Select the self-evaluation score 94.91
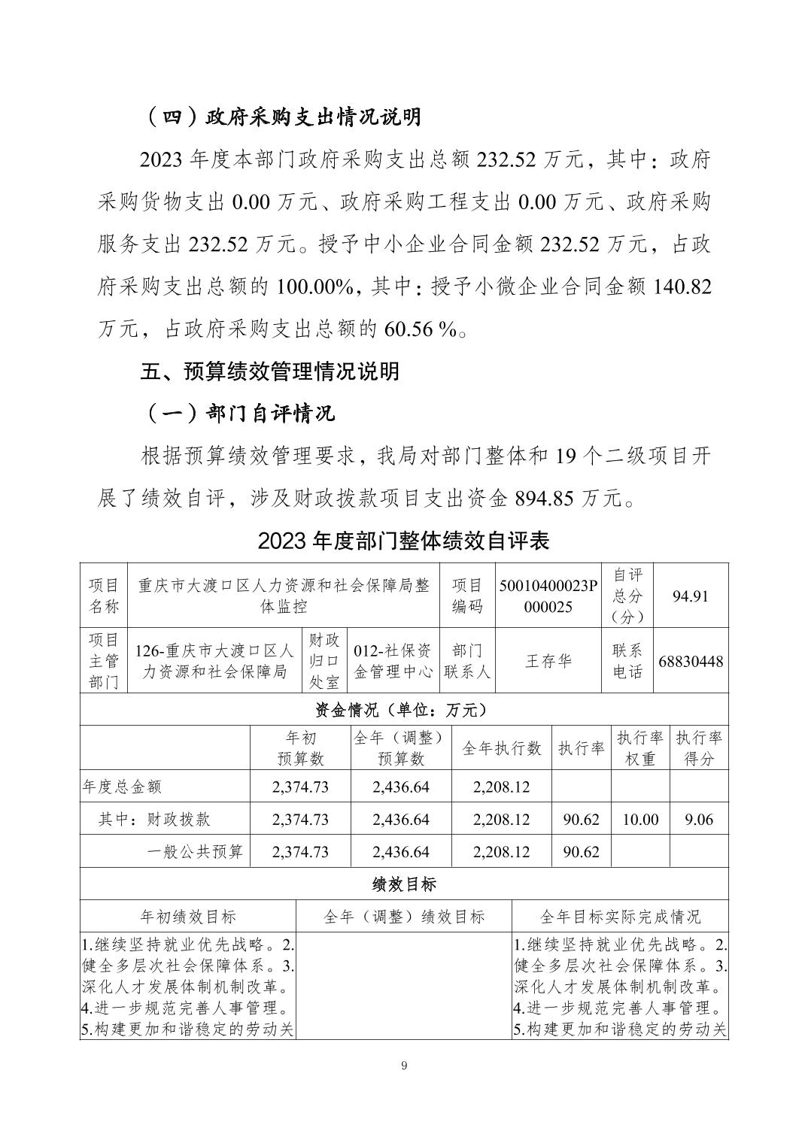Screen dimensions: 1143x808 click(x=691, y=596)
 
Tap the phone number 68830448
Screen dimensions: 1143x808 click(x=691, y=661)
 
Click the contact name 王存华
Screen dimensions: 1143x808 click(x=548, y=661)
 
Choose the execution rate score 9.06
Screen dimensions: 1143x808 click(x=698, y=819)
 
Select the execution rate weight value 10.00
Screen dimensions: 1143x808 click(x=640, y=819)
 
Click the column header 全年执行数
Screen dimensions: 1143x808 click(x=501, y=748)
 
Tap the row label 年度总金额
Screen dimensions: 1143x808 click(x=122, y=787)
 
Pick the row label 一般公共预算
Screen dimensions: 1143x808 click(x=195, y=851)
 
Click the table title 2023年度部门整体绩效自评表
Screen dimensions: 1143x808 click(x=403, y=541)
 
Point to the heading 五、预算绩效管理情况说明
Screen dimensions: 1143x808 click(x=270, y=371)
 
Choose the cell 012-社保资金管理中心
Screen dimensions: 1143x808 click(x=393, y=661)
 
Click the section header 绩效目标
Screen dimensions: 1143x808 click(x=404, y=884)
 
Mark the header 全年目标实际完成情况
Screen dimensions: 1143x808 click(x=620, y=916)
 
